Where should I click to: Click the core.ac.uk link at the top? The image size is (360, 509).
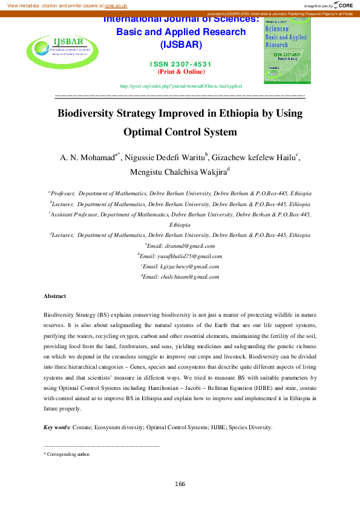tap(116, 5)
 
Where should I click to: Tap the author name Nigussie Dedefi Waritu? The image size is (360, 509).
tap(165, 158)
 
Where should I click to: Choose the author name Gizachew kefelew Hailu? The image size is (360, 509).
tap(254, 158)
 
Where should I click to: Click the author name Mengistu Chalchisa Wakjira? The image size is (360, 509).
tap(178, 172)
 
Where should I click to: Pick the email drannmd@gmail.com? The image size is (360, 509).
tap(182, 246)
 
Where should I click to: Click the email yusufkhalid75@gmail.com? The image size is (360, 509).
tap(181, 256)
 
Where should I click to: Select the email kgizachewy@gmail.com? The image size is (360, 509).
tap(181, 266)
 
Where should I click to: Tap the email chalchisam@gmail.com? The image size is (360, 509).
tap(181, 276)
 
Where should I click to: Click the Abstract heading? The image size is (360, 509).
tap(54, 296)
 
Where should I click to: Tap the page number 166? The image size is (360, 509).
tap(180, 484)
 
